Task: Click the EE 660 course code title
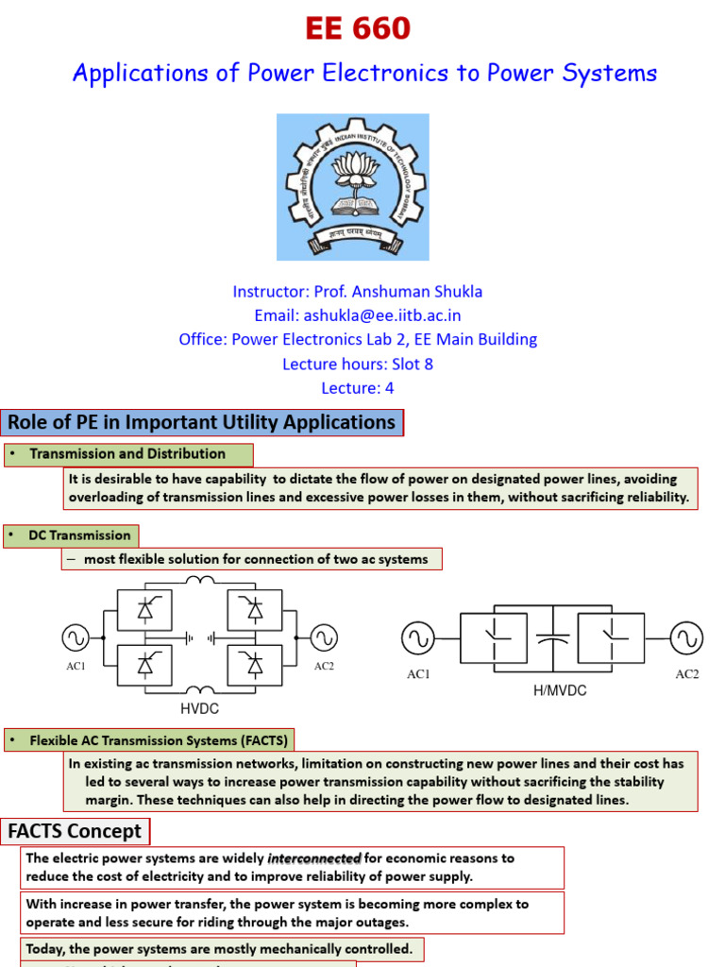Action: click(358, 30)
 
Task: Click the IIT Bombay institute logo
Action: click(352, 187)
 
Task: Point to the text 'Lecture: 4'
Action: click(358, 388)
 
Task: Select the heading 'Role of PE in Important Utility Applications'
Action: click(202, 422)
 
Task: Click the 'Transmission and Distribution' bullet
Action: click(127, 454)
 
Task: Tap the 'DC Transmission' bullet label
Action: click(79, 535)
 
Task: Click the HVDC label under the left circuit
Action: click(199, 707)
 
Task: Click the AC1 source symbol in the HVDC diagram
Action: click(76, 637)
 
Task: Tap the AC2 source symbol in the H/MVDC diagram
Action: click(686, 638)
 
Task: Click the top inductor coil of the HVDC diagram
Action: click(199, 581)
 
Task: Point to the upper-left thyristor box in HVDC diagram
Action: click(144, 610)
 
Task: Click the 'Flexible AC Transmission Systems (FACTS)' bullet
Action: click(159, 739)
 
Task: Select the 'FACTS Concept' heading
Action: click(75, 832)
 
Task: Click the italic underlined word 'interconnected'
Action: click(314, 858)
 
